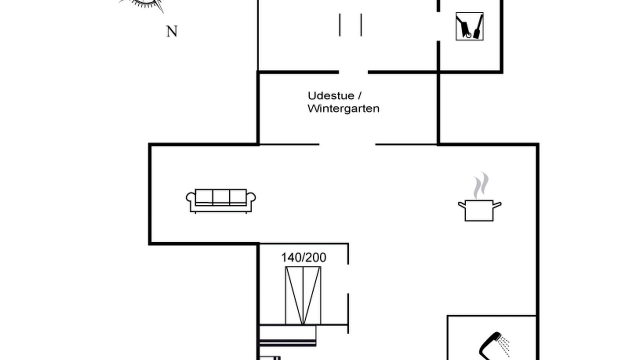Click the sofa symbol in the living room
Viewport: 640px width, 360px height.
(x=221, y=201)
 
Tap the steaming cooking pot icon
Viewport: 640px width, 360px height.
(x=479, y=197)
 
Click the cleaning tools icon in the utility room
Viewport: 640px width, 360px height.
(x=469, y=26)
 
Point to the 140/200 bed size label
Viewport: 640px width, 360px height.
(x=303, y=257)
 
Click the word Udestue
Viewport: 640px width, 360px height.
(x=331, y=95)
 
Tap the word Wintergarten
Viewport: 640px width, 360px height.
(x=343, y=109)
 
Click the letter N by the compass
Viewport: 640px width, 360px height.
(x=171, y=31)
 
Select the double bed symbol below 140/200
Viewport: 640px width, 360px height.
(x=303, y=295)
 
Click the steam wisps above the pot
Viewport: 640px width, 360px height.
(x=480, y=185)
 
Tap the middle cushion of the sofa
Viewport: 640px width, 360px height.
(x=221, y=196)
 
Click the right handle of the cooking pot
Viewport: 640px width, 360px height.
(x=497, y=205)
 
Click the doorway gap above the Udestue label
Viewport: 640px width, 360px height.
(x=353, y=72)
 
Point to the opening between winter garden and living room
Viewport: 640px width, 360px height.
(x=347, y=144)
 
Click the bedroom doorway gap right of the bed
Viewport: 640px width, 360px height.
(x=348, y=279)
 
